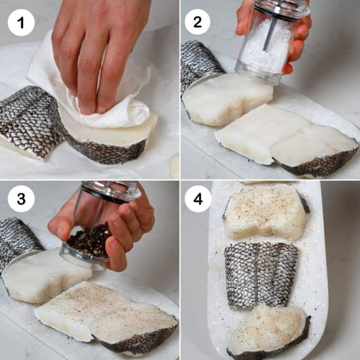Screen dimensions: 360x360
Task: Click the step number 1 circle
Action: [21, 22]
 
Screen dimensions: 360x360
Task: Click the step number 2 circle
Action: [197, 22]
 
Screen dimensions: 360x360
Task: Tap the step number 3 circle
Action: [21, 198]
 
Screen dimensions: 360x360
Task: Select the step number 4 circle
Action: [198, 198]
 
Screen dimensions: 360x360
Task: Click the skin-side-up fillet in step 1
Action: [26, 120]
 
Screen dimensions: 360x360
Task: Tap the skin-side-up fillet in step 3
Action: [19, 239]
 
